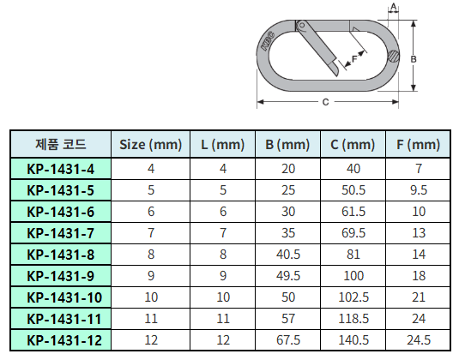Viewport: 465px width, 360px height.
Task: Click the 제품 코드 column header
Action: [61, 144]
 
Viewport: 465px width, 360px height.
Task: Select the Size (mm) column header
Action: [151, 145]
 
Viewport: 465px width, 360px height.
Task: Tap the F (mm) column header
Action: [418, 145]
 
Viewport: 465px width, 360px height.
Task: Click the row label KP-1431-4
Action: [61, 169]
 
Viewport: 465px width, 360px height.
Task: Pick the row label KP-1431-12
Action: [64, 340]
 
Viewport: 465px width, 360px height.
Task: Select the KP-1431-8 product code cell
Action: [61, 255]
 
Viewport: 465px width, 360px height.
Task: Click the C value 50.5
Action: [353, 190]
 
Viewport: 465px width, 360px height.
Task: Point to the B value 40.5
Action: [288, 255]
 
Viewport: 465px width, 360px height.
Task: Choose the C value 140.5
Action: [353, 340]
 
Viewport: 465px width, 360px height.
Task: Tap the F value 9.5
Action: [419, 190]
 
